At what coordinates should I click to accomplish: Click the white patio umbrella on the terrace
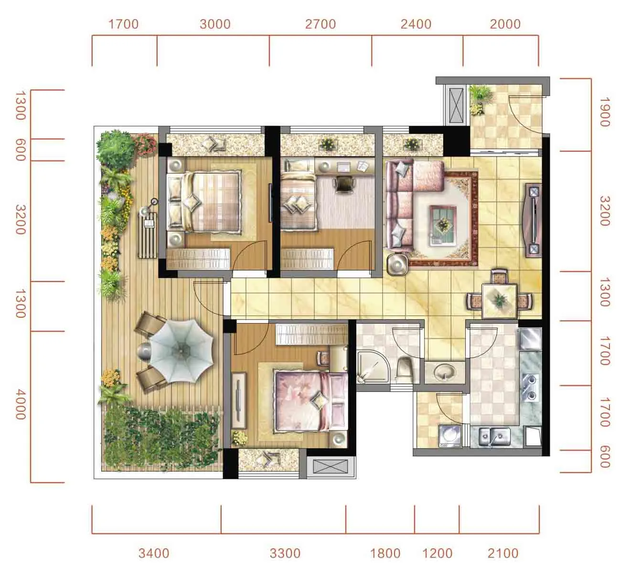point(182,351)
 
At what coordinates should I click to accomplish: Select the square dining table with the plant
point(499,300)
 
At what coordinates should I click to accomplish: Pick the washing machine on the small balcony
point(450,436)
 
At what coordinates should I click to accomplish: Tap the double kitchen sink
point(494,437)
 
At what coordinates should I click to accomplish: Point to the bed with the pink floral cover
point(311,401)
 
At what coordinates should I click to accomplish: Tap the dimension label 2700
point(320,24)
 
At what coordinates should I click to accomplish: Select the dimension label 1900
point(605,112)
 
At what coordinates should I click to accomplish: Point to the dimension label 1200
point(437,554)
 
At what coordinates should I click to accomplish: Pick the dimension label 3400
point(154,554)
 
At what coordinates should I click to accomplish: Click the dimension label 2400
point(416,24)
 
